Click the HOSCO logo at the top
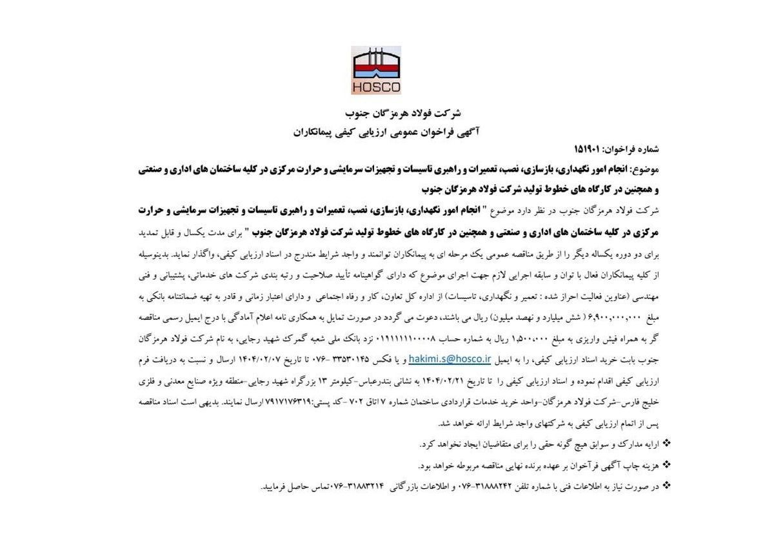pos(376,70)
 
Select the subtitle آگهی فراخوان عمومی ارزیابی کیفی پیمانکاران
pos(386,131)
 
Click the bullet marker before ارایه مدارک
pos(666,444)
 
